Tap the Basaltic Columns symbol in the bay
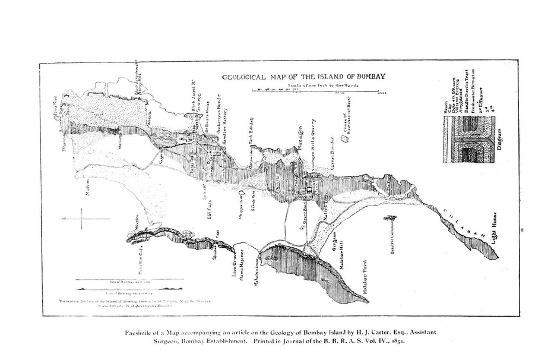pos(391,219)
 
